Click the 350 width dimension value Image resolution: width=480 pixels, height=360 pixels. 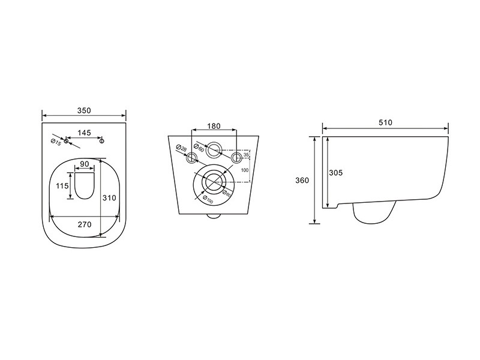(84, 110)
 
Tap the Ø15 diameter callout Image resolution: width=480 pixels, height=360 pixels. (55, 141)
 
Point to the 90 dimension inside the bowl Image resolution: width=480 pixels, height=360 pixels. (84, 164)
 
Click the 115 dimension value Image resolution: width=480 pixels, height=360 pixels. (62, 187)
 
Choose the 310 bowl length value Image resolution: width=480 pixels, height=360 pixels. (109, 197)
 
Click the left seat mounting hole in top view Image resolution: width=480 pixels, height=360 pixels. (67, 141)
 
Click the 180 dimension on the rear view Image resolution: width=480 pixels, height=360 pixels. (214, 126)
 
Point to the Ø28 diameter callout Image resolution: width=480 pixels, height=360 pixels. (182, 149)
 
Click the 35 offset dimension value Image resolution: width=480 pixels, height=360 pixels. (246, 155)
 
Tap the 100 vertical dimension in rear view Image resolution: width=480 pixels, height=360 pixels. (244, 170)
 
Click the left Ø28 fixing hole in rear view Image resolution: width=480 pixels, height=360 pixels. (191, 158)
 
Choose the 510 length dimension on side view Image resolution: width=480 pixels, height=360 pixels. (385, 122)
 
